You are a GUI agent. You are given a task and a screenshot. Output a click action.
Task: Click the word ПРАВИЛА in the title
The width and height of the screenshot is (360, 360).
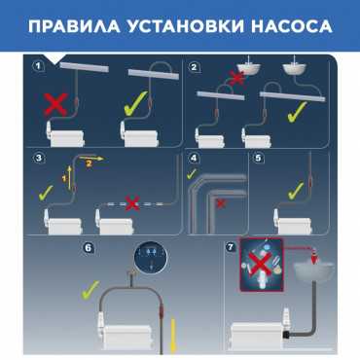(x=74, y=26)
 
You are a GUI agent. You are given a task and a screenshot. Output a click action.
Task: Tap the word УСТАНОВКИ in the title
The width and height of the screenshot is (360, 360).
(x=185, y=26)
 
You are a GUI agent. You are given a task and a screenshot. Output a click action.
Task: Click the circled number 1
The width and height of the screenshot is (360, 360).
(x=39, y=66)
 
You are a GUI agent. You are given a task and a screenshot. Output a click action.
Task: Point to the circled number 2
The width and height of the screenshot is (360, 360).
(x=194, y=67)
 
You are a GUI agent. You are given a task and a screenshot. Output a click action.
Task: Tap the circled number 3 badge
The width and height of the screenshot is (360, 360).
(x=39, y=158)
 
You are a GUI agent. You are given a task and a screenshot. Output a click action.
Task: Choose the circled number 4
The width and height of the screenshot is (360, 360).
(x=194, y=159)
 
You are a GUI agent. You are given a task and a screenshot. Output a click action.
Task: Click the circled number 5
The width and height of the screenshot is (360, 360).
(x=258, y=158)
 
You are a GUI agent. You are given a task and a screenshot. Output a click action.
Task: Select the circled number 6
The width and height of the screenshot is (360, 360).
(x=88, y=248)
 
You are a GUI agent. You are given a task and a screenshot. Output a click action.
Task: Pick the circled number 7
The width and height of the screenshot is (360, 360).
(x=230, y=247)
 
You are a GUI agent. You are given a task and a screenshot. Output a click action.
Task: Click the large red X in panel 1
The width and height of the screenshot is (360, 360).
(x=55, y=104)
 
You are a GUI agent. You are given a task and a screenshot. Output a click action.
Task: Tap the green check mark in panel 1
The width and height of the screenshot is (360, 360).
(x=135, y=104)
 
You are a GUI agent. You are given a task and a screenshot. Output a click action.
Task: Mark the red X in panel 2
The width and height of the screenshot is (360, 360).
(x=237, y=78)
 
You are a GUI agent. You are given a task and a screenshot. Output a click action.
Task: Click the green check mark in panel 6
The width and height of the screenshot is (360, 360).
(x=90, y=290)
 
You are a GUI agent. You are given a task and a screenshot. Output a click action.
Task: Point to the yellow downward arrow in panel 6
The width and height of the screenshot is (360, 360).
(x=173, y=336)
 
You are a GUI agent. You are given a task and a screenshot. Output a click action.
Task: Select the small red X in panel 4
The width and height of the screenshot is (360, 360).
(x=221, y=203)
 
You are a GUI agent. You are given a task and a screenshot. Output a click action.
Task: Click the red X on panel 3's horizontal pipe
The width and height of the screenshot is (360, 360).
(x=132, y=203)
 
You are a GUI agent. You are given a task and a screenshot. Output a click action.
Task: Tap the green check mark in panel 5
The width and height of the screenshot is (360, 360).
(x=296, y=191)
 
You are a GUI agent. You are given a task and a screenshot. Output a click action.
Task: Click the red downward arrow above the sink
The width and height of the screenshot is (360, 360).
(x=313, y=258)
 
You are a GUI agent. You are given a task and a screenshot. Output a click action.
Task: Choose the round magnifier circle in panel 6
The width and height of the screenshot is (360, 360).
(x=151, y=256)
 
